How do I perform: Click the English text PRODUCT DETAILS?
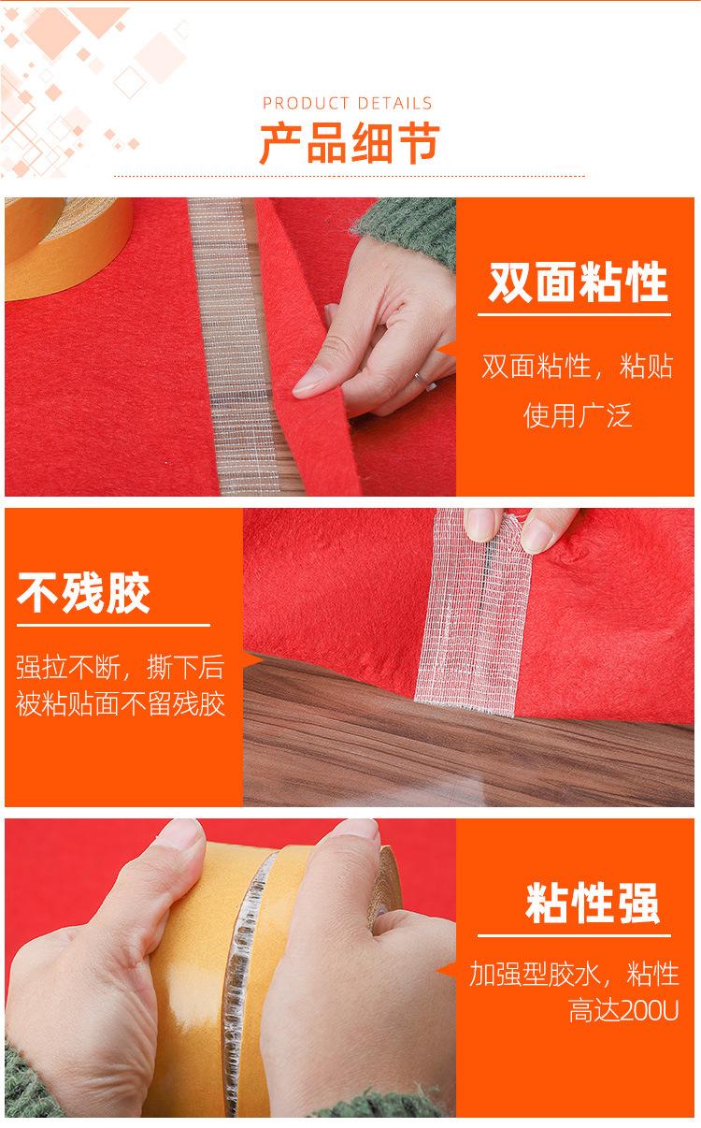[348, 103]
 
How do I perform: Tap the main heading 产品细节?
[350, 142]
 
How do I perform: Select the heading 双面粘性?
[578, 282]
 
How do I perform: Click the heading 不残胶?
[83, 593]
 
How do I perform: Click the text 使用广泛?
[578, 416]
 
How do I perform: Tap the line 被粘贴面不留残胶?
[121, 703]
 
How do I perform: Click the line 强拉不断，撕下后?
[120, 667]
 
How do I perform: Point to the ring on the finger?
[418, 378]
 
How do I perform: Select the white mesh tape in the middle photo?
[473, 612]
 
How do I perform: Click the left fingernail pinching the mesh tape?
[481, 525]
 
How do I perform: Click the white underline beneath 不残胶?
[113, 626]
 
